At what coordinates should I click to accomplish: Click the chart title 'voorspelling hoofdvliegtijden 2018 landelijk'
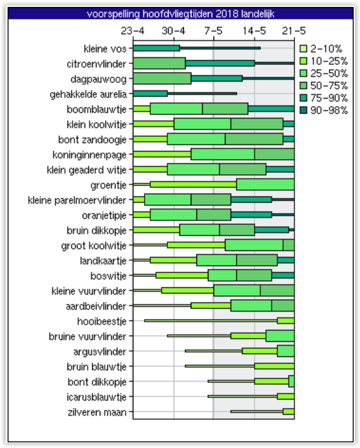point(181,14)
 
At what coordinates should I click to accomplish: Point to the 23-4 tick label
point(133,30)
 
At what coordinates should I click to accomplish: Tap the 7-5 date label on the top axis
point(213,30)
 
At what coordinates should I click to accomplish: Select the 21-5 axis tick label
point(294,30)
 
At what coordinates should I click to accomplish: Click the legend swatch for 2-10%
point(303,49)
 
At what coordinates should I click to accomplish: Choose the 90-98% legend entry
point(324,110)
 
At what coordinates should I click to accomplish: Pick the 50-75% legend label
point(329,85)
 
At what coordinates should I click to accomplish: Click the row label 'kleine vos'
point(105,49)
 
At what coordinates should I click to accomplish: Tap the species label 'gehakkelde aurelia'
point(88,94)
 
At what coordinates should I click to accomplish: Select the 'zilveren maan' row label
point(97,412)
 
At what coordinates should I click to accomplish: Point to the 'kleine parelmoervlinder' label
point(77,200)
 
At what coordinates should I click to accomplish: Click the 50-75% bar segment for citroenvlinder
point(159,64)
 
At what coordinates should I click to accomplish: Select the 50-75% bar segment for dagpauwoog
point(162,79)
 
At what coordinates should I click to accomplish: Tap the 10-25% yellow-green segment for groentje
point(193,185)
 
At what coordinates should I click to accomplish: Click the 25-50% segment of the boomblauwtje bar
point(176,109)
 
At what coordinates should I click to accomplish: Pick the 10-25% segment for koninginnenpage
point(162,155)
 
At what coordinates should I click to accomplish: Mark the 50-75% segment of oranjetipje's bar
point(213,215)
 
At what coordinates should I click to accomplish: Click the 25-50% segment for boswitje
point(222,275)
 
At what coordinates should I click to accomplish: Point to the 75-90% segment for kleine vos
point(157,48)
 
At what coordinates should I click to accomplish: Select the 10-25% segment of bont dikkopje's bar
point(272,381)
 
